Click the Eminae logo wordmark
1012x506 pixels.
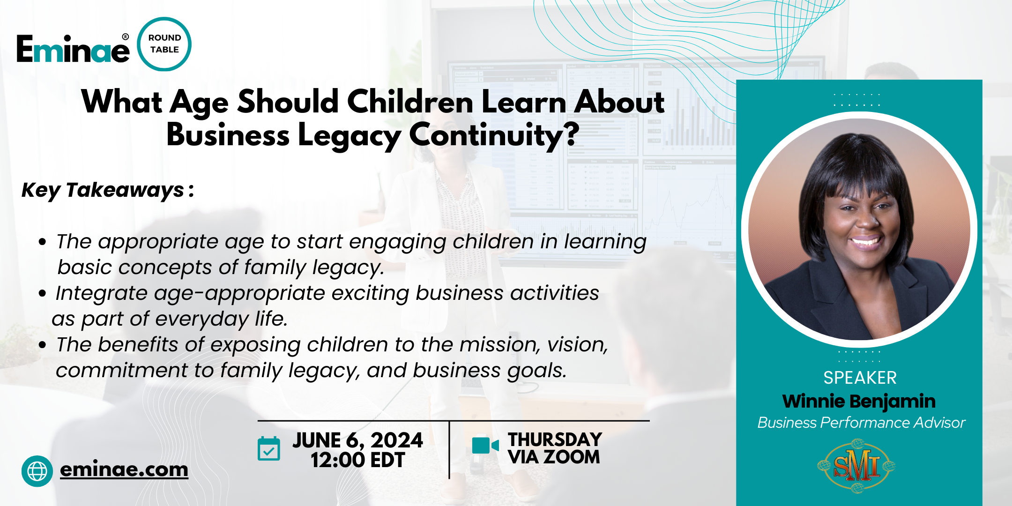[x=73, y=49]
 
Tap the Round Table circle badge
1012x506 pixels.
[x=164, y=44]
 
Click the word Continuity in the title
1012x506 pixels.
[x=494, y=135]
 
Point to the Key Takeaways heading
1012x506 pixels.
[x=108, y=190]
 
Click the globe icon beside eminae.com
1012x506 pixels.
[x=37, y=471]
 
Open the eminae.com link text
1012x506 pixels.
[x=124, y=469]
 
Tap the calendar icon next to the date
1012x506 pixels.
[x=269, y=448]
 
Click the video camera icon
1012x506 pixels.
[x=485, y=446]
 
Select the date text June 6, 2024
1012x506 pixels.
[x=357, y=440]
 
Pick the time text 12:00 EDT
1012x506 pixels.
[x=357, y=460]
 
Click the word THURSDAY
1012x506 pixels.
[x=555, y=439]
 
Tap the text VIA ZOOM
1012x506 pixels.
[x=554, y=457]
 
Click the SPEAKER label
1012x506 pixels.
[x=860, y=378]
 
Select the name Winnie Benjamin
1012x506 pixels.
[x=859, y=401]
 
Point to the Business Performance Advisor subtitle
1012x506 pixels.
[x=861, y=423]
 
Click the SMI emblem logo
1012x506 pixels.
[x=856, y=466]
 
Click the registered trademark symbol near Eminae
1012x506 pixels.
[x=125, y=37]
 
